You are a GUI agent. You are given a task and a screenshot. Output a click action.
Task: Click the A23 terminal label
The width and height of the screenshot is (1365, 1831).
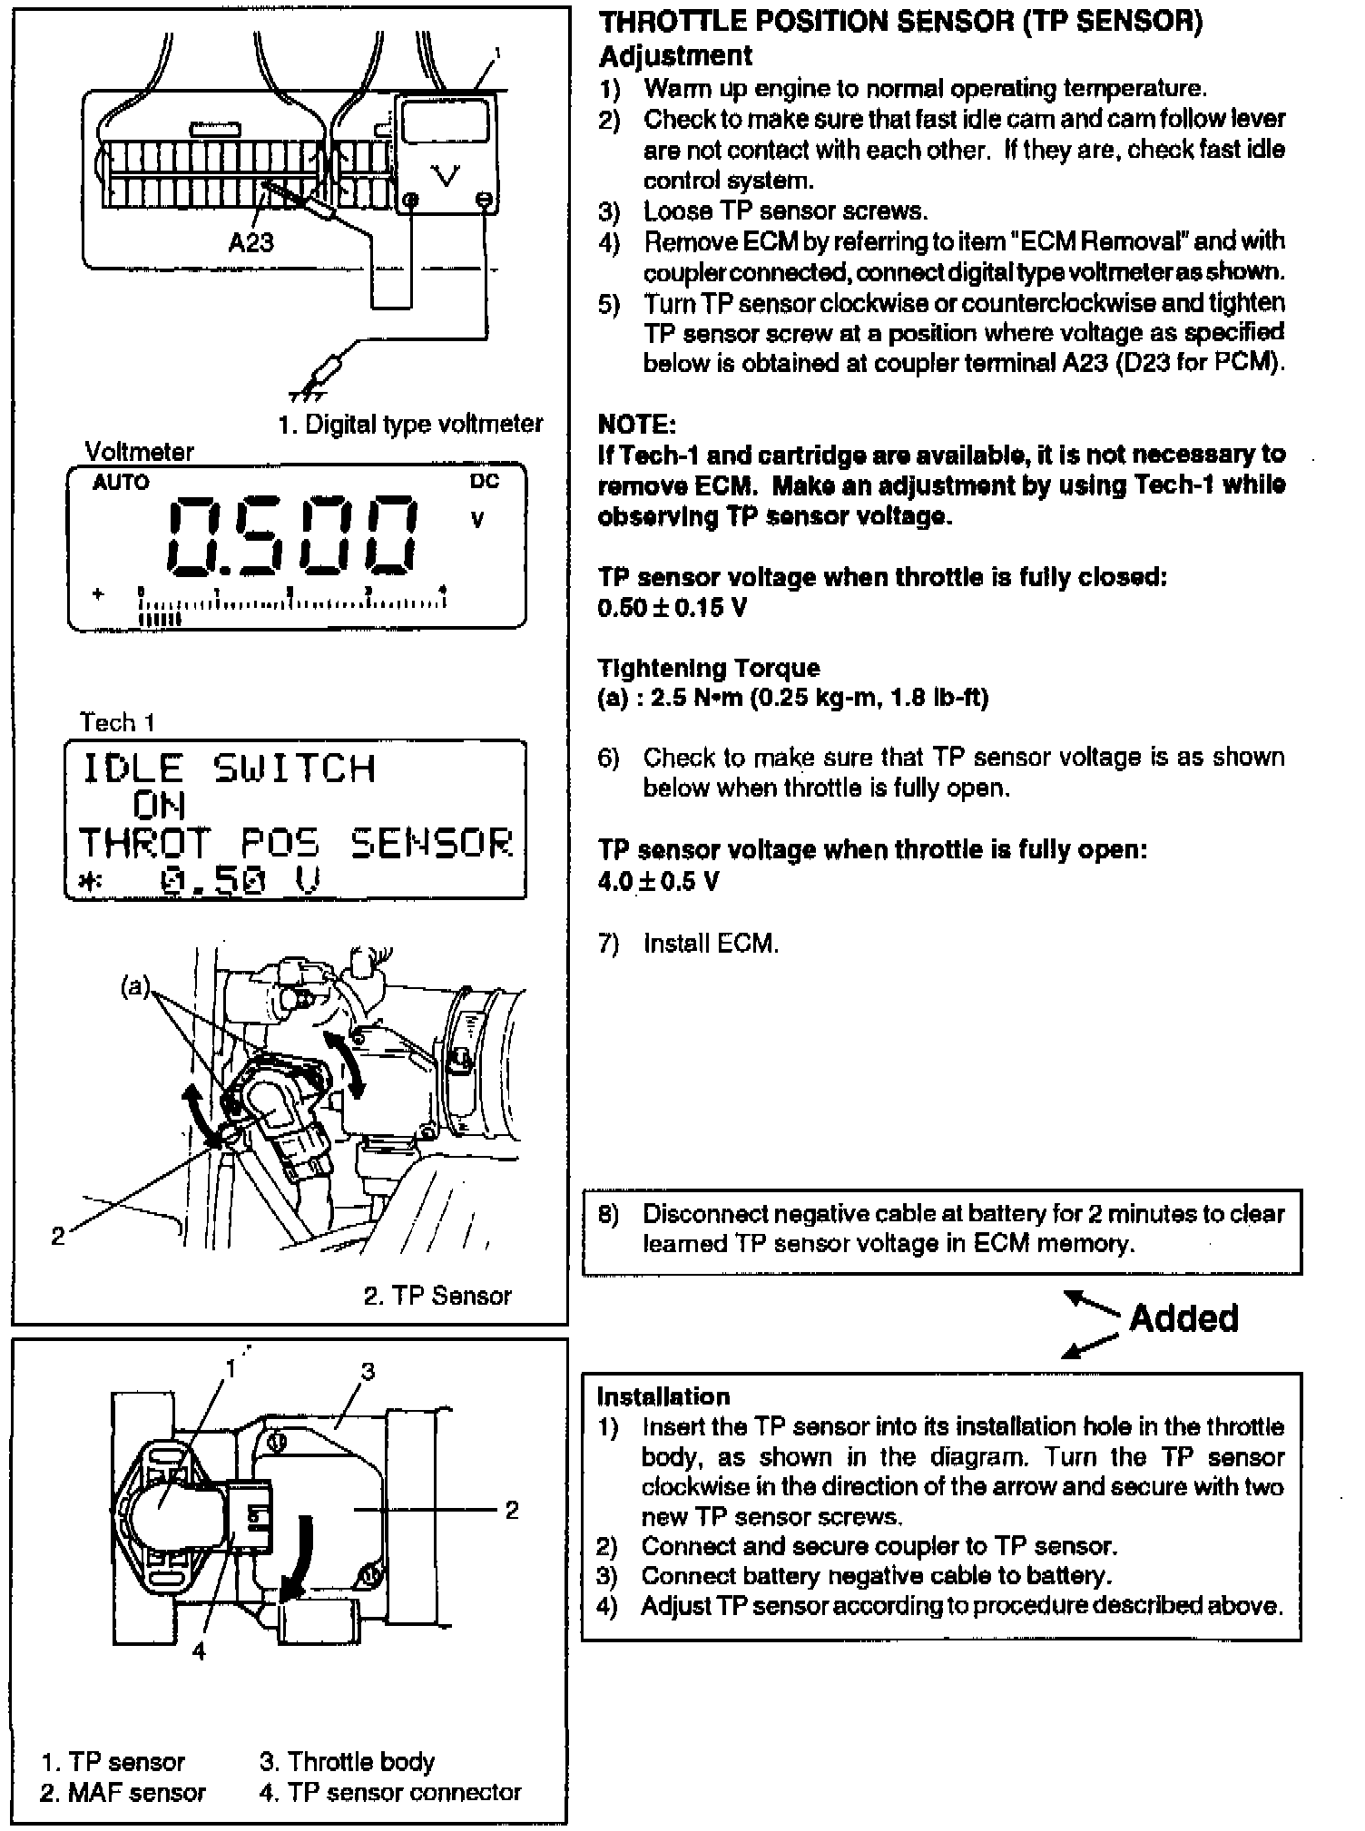click(250, 242)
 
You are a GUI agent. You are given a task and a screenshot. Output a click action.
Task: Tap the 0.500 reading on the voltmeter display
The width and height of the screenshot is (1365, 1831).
click(293, 537)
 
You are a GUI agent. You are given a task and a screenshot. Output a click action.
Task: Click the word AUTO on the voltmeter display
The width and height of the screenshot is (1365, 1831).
click(121, 483)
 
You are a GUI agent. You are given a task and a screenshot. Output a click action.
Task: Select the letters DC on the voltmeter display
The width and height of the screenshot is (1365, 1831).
click(484, 482)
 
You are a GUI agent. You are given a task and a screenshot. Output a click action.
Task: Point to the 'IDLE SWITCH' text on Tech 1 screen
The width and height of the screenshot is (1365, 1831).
click(229, 769)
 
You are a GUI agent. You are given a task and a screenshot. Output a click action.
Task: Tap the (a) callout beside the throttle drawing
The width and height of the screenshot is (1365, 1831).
click(135, 986)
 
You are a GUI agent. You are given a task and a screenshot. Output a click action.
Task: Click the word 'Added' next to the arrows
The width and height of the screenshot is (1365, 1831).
click(1183, 1318)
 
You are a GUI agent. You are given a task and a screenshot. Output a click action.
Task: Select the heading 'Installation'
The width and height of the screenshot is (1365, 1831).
click(663, 1396)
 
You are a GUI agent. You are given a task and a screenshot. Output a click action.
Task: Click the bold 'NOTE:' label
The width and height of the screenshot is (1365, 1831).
click(637, 424)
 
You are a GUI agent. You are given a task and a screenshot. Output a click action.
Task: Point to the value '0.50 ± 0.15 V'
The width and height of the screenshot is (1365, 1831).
click(673, 608)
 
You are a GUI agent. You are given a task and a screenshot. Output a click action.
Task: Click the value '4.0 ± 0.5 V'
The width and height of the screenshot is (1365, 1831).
click(659, 881)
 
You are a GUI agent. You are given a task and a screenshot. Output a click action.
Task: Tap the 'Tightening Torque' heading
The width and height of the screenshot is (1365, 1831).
click(709, 668)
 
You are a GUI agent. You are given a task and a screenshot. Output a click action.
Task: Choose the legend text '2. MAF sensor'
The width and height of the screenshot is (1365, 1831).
click(123, 1792)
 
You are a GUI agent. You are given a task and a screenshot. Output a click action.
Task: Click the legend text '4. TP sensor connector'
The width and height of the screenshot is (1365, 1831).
click(390, 1792)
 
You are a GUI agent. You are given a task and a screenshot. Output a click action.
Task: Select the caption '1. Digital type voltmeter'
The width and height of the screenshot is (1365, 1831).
click(410, 424)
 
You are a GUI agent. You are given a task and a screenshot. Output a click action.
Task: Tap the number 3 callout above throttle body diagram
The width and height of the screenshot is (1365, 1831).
click(368, 1371)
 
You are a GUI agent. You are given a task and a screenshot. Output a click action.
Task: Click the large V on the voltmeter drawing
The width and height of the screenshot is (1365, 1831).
click(447, 175)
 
